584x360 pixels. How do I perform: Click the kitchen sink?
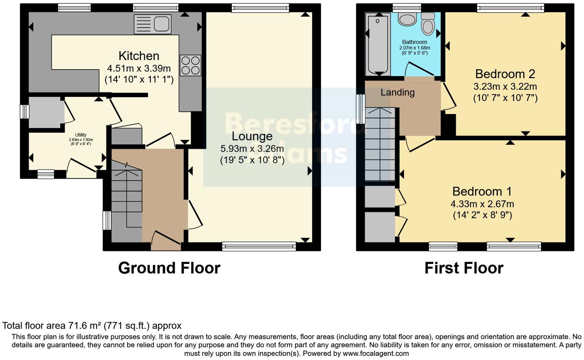point(152,24)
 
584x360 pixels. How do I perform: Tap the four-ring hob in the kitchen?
point(190,65)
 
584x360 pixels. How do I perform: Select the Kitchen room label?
point(139,56)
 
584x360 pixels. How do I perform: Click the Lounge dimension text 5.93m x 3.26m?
point(252,149)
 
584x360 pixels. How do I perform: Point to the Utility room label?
point(81,135)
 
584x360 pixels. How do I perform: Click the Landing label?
point(398,92)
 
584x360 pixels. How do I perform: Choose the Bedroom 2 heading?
point(505,74)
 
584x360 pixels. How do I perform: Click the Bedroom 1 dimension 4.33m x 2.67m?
point(482,204)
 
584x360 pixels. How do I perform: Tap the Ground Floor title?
point(169,268)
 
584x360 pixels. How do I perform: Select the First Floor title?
point(464,268)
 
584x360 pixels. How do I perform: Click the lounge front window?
point(259,247)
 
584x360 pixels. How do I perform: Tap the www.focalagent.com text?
point(375,354)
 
